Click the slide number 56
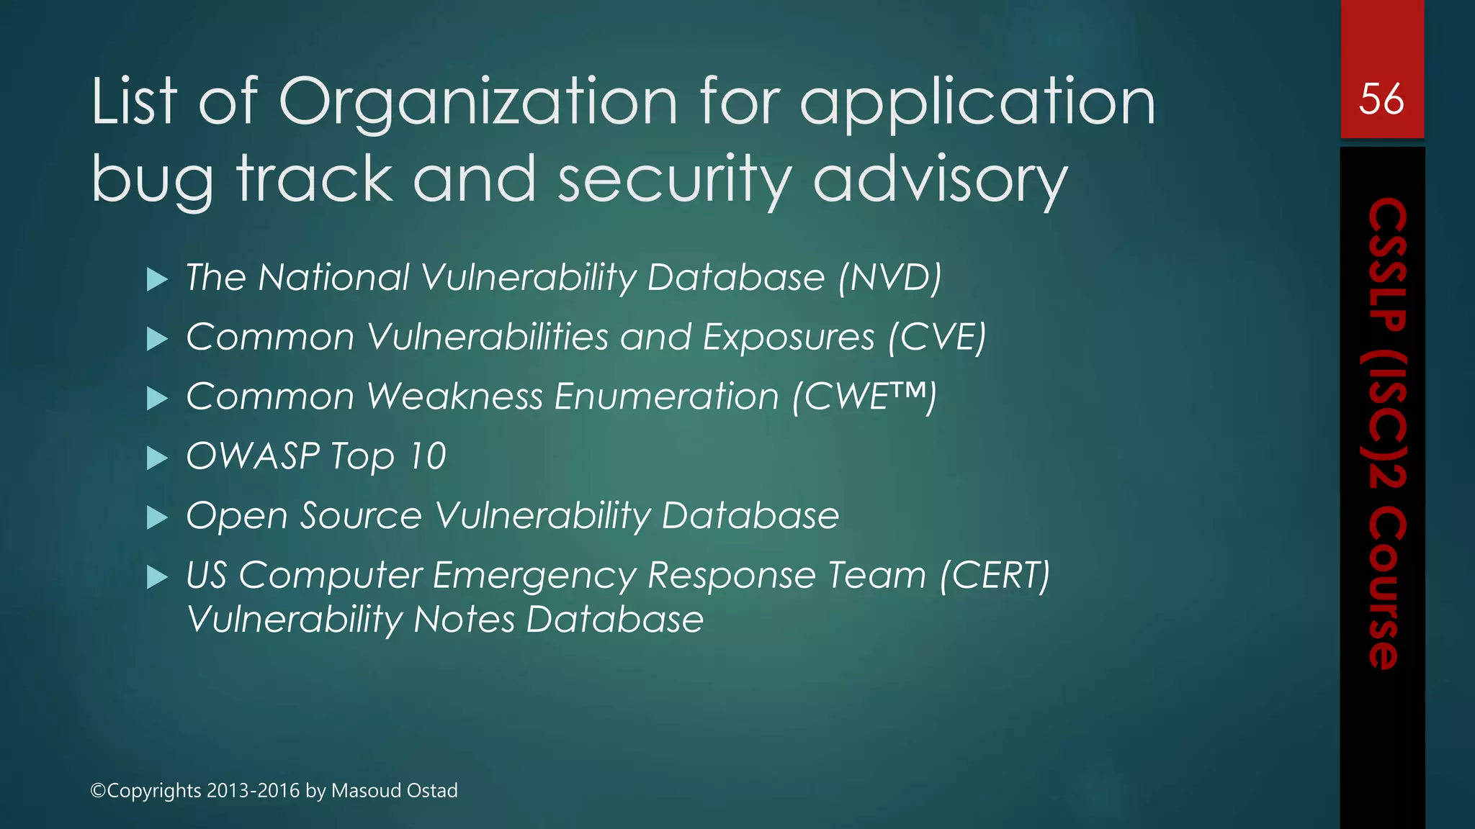pyautogui.click(x=1381, y=99)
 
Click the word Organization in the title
pyautogui.click(x=478, y=102)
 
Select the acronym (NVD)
pyautogui.click(x=889, y=277)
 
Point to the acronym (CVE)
pyautogui.click(x=937, y=337)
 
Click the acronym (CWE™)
pyautogui.click(x=864, y=397)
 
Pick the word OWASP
pyautogui.click(x=253, y=456)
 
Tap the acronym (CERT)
pyautogui.click(x=995, y=575)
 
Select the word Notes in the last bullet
pyautogui.click(x=464, y=620)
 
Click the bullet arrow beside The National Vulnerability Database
pyautogui.click(x=157, y=279)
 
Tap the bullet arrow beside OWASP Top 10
pyautogui.click(x=157, y=458)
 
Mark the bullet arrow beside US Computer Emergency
pyautogui.click(x=157, y=577)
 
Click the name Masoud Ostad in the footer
pyautogui.click(x=394, y=790)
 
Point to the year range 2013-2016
pyautogui.click(x=253, y=790)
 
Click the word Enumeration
pyautogui.click(x=666, y=397)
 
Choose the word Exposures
pyautogui.click(x=789, y=337)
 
